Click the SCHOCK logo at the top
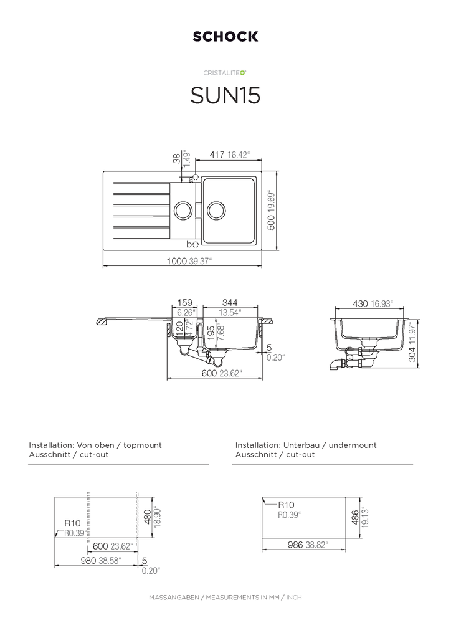coord(225,37)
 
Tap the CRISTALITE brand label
coord(223,73)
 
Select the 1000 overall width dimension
coord(176,261)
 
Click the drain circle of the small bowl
coord(183,211)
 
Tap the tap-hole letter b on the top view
coord(189,245)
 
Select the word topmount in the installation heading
coord(143,445)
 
